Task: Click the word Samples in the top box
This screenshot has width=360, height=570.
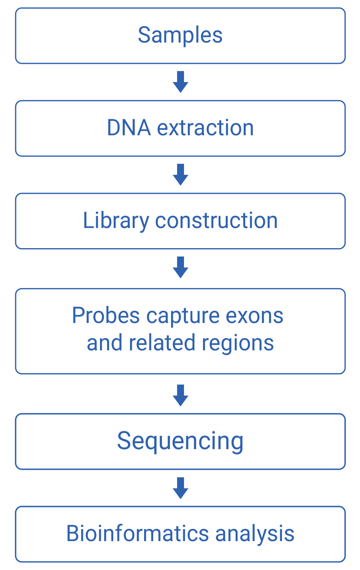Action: (180, 35)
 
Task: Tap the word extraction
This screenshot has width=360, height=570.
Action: (205, 128)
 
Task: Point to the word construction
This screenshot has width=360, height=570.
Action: (216, 221)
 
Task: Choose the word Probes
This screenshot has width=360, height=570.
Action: (106, 316)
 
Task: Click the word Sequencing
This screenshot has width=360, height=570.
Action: (180, 442)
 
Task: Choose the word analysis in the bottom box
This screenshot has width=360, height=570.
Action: (255, 534)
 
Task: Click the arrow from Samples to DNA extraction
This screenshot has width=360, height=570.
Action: (181, 82)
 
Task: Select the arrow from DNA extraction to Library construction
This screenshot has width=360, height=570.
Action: (181, 174)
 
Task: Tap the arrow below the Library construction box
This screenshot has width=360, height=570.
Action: (181, 267)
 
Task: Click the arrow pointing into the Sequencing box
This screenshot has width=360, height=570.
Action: (181, 395)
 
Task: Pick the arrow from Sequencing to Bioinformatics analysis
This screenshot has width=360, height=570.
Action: (181, 488)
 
